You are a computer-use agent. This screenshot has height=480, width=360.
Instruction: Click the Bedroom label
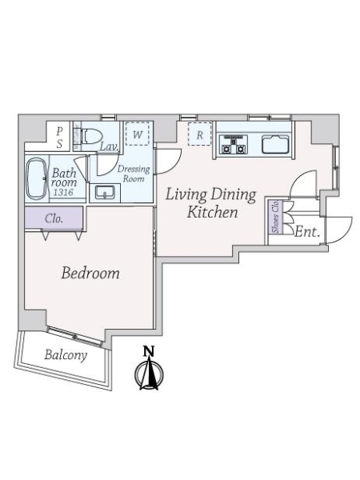(90, 273)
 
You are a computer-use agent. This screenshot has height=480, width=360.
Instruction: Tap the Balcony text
(66, 355)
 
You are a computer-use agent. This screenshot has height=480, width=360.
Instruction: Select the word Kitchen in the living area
(212, 212)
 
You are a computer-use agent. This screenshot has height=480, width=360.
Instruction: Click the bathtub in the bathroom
(36, 178)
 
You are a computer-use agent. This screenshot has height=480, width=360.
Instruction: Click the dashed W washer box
(138, 134)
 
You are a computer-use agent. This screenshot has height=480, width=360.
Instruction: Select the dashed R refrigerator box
(199, 134)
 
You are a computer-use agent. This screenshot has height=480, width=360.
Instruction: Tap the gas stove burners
(234, 145)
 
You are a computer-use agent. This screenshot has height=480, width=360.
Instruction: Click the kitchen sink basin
(275, 145)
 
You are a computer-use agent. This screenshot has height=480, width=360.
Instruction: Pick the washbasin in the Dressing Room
(105, 193)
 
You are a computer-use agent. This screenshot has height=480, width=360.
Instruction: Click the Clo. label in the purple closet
(54, 218)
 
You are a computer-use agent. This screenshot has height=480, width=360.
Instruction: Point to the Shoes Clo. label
(276, 217)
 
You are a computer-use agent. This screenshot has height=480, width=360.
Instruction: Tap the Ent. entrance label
(307, 232)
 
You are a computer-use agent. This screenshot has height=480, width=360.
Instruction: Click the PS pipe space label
(59, 138)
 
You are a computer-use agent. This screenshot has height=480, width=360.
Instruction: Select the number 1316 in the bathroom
(63, 193)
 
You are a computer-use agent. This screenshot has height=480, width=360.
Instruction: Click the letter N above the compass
(149, 351)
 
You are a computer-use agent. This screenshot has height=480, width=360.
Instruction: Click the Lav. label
(110, 146)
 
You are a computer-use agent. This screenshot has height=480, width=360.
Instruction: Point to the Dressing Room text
(134, 174)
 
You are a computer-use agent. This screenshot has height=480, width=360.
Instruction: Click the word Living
(186, 194)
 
